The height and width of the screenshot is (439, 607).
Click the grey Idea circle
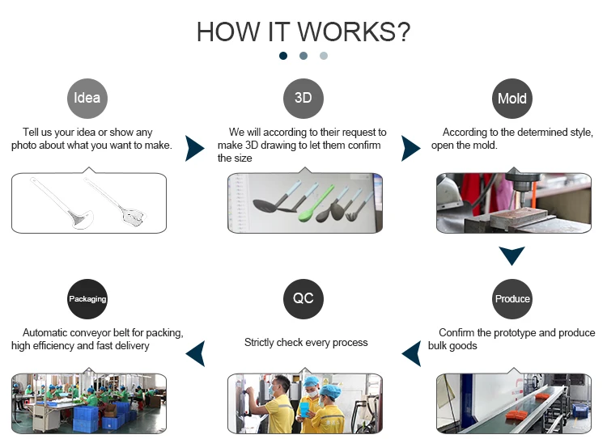(87, 99)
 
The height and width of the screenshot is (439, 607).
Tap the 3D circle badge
(303, 99)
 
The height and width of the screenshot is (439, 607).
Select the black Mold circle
(511, 99)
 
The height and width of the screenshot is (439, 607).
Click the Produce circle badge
(512, 299)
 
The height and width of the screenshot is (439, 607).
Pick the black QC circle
(303, 298)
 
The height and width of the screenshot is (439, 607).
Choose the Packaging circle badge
(87, 299)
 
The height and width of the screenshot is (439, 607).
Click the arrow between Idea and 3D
(194, 148)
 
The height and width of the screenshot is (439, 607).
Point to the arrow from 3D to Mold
(410, 148)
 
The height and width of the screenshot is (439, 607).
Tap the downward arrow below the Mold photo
(512, 256)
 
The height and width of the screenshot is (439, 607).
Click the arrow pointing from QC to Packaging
(195, 352)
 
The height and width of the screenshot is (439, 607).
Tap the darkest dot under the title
(283, 56)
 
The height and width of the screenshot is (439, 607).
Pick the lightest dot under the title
(324, 56)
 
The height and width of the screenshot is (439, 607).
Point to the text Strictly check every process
(306, 343)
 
